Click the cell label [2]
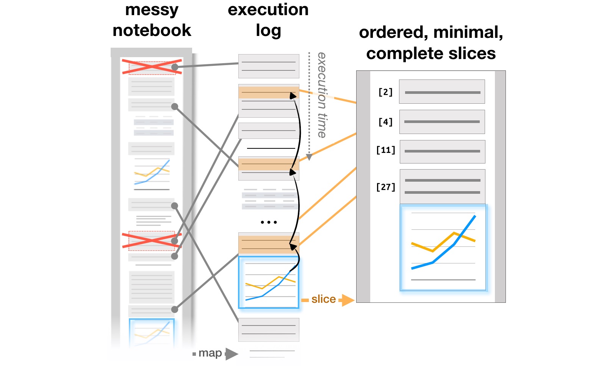point(385,92)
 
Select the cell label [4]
point(385,122)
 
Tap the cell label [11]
point(385,150)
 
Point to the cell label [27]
point(385,187)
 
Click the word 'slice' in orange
point(324,299)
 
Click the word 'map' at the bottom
point(210,353)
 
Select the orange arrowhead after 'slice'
point(348,300)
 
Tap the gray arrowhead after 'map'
point(232,354)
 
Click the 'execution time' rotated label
point(322,95)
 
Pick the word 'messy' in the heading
point(152,10)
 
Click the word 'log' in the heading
point(268,31)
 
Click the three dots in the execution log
point(269,222)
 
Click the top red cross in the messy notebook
point(151,67)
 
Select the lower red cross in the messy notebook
point(152,241)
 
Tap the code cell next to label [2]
point(442,92)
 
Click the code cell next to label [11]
point(442,151)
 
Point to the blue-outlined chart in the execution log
point(268,282)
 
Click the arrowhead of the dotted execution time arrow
point(309,157)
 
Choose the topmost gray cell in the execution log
point(269,66)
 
